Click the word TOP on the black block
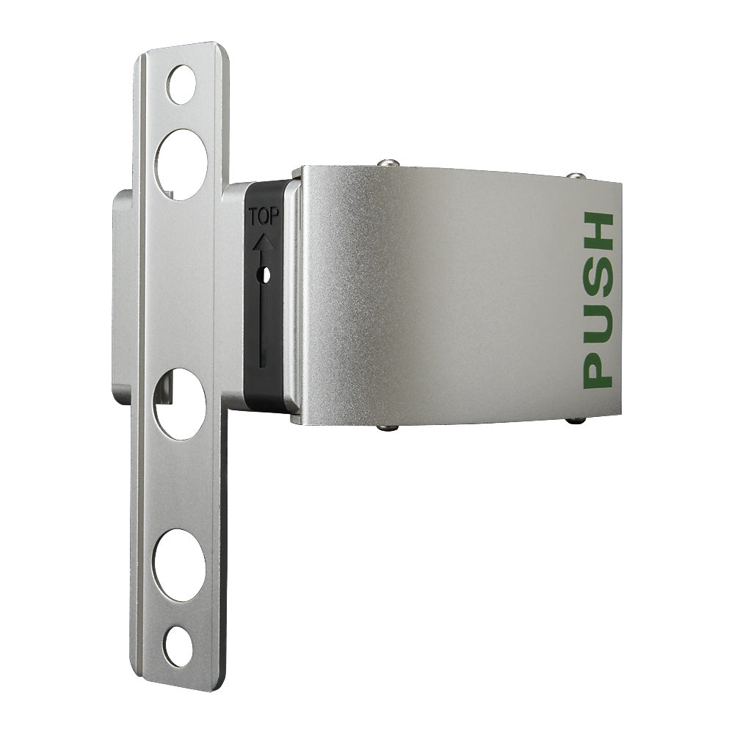coord(264,217)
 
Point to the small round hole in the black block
coord(266,274)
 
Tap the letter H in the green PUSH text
coord(597,232)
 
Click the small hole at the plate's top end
coord(181,84)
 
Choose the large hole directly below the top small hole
coord(181,164)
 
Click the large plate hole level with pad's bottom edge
coord(179,404)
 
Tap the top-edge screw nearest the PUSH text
coord(576,176)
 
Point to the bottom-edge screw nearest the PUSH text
coord(576,421)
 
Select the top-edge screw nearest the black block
coord(388,163)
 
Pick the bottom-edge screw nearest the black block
coord(389,427)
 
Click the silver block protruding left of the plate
coord(122,294)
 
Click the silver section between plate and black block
coord(233,294)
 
